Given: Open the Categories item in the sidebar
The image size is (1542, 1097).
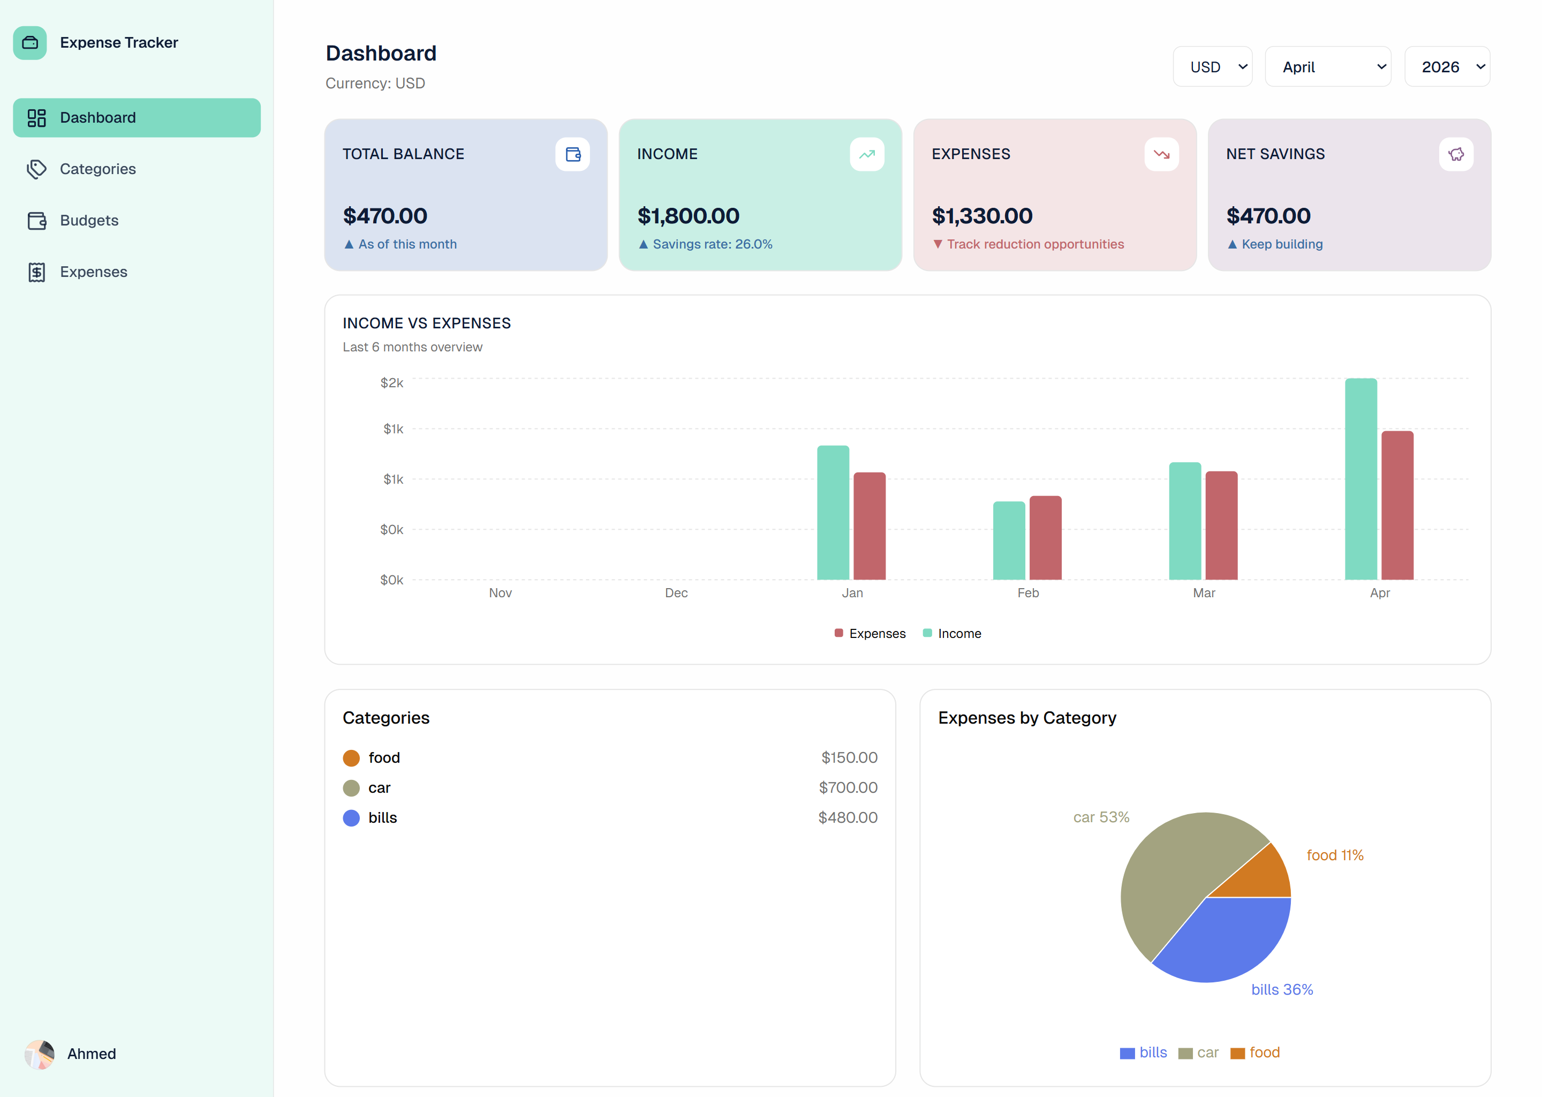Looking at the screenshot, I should (97, 169).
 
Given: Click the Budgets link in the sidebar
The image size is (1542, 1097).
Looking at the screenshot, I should (88, 220).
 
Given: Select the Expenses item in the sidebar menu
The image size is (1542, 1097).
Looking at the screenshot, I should (93, 272).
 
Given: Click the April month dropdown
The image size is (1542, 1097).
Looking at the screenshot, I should (1327, 67).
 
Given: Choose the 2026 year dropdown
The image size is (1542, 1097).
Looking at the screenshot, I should (1446, 67).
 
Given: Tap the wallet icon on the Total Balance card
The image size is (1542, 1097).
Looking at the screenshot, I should (572, 155).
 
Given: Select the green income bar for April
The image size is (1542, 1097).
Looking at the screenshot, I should (1360, 479).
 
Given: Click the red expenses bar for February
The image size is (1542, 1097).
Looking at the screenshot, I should (1045, 538).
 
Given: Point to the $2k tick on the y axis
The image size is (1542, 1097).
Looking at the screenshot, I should (391, 383).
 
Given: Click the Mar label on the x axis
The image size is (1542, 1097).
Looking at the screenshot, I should (1203, 593).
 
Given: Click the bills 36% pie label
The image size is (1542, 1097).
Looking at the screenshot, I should (1281, 989).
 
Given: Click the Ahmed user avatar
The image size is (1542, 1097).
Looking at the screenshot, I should (39, 1054).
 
